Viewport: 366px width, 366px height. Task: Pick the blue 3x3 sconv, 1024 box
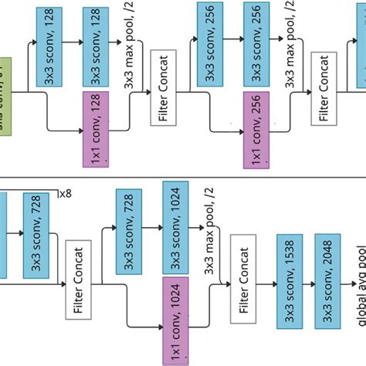point(173,221)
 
